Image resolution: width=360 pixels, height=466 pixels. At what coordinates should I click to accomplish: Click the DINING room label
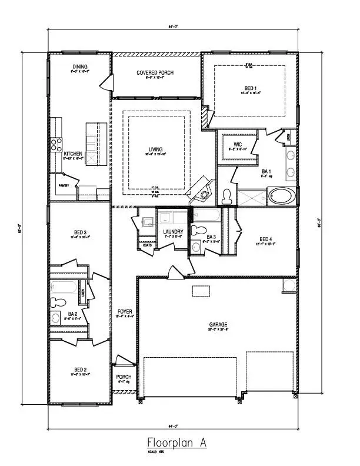[x=81, y=66]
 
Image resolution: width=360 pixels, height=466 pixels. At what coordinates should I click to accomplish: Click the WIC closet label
[x=238, y=144]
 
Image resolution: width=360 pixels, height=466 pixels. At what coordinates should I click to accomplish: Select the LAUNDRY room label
[x=174, y=232]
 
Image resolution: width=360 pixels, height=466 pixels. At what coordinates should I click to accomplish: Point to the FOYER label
[x=124, y=311]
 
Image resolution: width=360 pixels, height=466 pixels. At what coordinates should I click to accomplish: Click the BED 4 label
[x=266, y=239]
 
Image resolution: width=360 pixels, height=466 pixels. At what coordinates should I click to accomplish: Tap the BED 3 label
[x=81, y=233]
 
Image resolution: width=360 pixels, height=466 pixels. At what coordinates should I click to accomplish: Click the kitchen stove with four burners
[x=56, y=144]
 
